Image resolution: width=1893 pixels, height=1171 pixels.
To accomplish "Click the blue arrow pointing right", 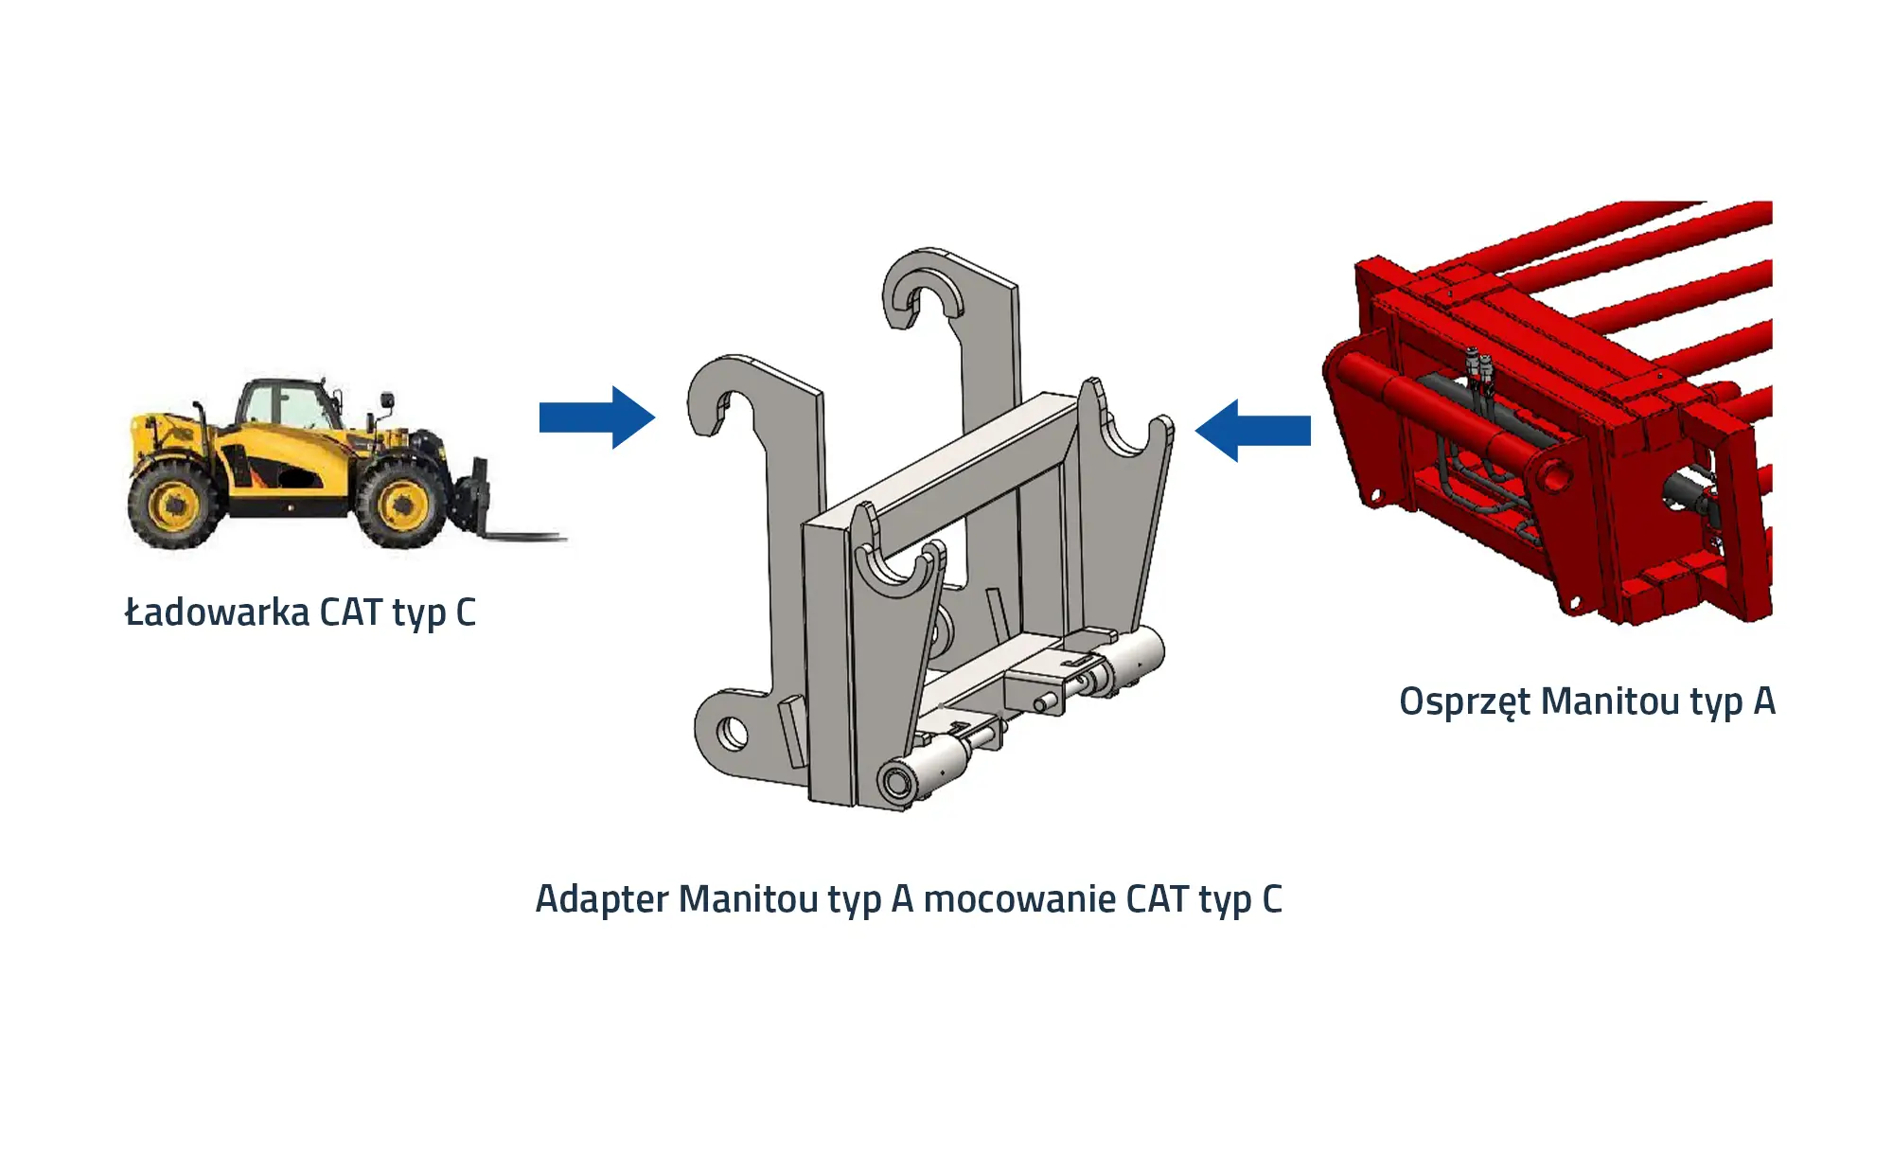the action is (x=596, y=417).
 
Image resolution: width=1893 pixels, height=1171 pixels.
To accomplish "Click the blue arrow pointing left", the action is (x=1253, y=430).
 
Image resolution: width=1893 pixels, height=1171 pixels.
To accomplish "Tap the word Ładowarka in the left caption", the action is (x=218, y=612).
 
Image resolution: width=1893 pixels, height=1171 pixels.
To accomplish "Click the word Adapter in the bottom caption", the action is (x=603, y=900).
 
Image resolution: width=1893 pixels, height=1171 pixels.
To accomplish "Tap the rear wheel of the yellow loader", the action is (x=173, y=505).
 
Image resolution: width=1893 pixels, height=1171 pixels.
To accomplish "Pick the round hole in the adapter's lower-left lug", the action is (x=732, y=733).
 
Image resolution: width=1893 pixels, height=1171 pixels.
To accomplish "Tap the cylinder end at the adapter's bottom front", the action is (x=896, y=783).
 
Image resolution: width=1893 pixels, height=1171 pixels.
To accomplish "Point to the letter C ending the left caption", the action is (x=466, y=612).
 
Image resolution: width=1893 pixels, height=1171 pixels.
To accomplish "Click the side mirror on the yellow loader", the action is (x=386, y=401).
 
